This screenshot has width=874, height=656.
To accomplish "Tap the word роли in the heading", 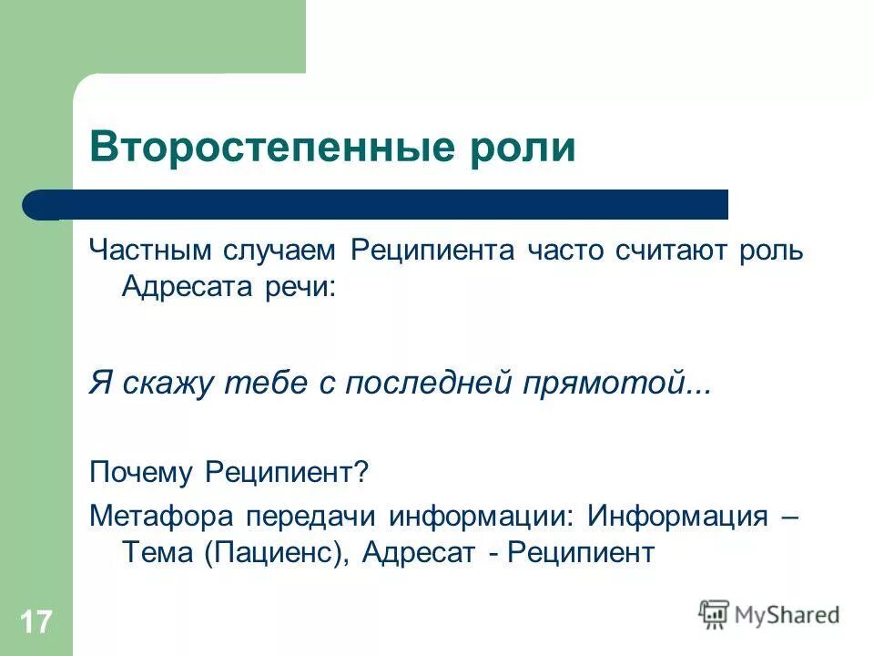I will (x=530, y=148).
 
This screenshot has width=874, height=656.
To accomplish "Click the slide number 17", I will (x=36, y=623).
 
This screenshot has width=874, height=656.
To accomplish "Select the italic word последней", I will (x=426, y=384).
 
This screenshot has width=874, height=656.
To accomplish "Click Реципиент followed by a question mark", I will (x=286, y=472).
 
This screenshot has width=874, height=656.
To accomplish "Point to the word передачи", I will (x=293, y=516).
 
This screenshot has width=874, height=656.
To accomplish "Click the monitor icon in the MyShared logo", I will (x=715, y=614).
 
